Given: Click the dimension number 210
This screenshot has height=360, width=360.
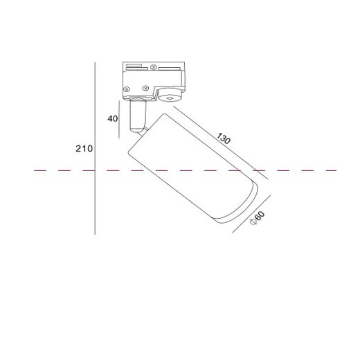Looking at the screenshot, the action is coord(84,149).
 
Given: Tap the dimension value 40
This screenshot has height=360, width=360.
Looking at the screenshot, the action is coord(113,118).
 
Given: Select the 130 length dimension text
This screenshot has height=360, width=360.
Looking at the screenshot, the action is coord(224,138).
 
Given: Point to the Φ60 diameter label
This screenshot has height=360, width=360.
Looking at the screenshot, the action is coord(258,218).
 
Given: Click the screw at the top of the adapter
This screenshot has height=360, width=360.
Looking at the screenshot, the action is coord(154,67).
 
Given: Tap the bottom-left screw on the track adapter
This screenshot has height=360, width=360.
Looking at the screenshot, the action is coord(126,89).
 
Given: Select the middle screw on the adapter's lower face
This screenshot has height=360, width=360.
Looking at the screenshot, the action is coord(145,88).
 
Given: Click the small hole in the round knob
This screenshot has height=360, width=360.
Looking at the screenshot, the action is coord(170,99).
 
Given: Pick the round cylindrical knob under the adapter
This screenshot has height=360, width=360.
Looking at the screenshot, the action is coord(171,95).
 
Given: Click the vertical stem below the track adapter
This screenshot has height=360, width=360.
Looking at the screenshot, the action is coord(138,116).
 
